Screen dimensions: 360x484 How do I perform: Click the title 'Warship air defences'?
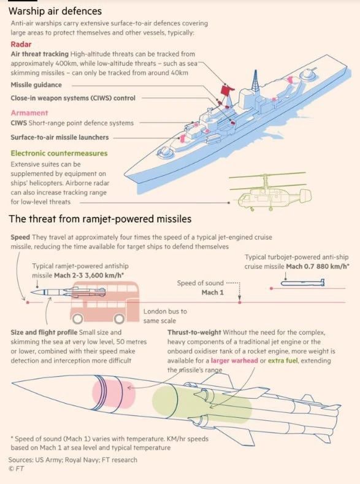pyautogui.click(x=55, y=11)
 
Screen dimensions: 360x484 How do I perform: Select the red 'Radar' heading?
pyautogui.click(x=21, y=44)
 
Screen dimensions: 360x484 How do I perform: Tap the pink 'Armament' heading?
pyautogui.click(x=29, y=113)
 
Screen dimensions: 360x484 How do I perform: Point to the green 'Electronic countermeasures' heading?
pyautogui.click(x=59, y=153)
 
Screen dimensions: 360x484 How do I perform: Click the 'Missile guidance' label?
pyautogui.click(x=36, y=85)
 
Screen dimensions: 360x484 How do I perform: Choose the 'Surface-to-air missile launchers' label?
pyautogui.click(x=59, y=137)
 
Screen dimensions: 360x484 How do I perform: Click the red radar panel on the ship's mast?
pyautogui.click(x=227, y=90)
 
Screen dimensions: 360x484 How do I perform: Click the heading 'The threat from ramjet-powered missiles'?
pyautogui.click(x=100, y=219)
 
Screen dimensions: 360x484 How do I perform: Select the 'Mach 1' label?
pyautogui.click(x=212, y=292)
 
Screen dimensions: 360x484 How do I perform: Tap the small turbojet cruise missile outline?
pyautogui.click(x=302, y=283)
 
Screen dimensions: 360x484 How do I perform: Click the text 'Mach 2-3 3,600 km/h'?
pyautogui.click(x=89, y=275)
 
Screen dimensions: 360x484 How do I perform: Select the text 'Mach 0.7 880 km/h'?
pyautogui.click(x=318, y=267)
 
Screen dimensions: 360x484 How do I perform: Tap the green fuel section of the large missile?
pyautogui.click(x=202, y=404)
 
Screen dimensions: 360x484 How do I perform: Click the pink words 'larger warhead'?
pyautogui.click(x=234, y=360)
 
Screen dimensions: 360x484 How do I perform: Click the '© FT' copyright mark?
pyautogui.click(x=17, y=469)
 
